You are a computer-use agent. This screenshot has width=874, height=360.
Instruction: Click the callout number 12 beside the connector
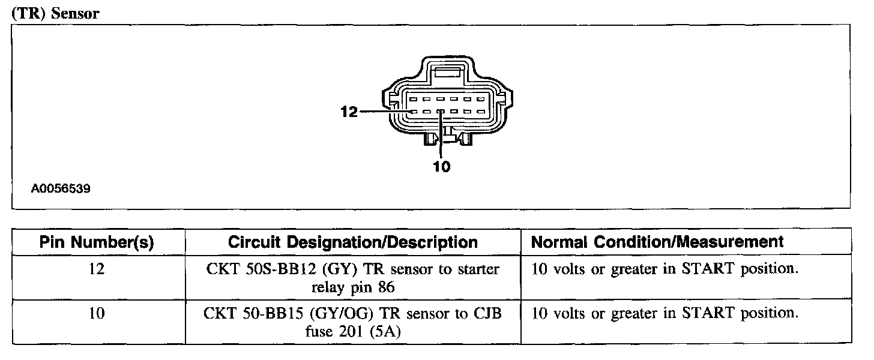349,112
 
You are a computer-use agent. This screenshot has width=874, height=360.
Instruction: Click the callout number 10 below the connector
441,166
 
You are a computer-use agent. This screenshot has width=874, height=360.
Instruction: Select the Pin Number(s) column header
97,242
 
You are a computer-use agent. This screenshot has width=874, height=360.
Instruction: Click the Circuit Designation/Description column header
353,242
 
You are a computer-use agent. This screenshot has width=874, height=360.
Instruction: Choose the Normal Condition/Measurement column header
657,242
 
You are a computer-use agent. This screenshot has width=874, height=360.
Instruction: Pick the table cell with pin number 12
97,269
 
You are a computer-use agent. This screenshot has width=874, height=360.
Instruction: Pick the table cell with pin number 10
97,314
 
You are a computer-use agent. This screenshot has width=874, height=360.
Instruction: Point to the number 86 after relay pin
386,287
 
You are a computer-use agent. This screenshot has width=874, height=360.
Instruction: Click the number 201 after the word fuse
349,332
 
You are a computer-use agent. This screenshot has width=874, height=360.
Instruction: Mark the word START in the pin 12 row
710,269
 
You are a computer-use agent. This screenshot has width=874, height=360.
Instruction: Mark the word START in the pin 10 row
710,314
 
